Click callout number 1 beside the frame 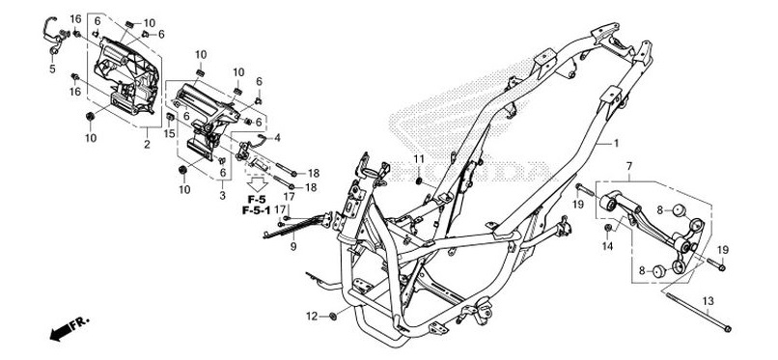614,143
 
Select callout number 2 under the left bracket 147,144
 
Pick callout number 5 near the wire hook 52,69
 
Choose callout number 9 292,247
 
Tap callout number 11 420,157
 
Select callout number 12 312,316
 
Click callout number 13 708,301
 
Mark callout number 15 169,133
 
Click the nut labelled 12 332,316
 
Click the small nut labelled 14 608,231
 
